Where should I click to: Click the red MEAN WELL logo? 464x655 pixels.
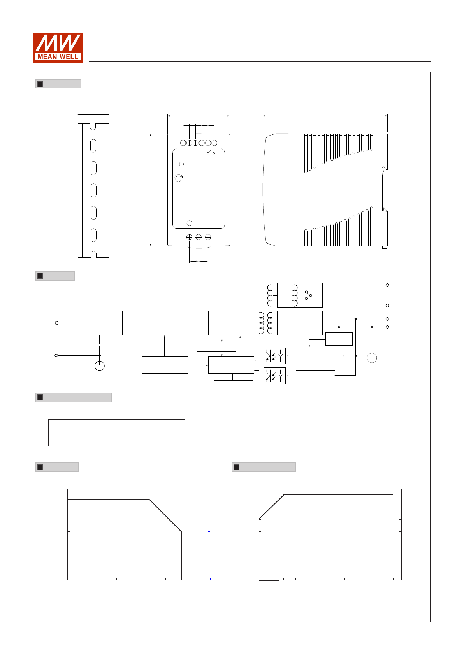58,47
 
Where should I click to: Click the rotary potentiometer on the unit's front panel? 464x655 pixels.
179,178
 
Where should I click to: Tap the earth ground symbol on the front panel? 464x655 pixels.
190,224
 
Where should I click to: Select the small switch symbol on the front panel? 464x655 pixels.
211,152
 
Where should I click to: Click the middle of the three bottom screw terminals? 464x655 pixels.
199,237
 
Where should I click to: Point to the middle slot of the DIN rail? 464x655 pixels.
93,190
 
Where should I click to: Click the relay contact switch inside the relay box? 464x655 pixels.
308,295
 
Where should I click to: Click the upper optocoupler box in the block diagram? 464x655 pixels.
274,356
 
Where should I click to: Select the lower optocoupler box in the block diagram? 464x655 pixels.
274,376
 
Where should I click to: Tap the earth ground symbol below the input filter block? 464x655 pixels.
100,366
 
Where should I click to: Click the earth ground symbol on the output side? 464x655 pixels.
372,358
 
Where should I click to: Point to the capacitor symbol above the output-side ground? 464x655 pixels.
372,346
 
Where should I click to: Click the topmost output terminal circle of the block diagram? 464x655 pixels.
387,285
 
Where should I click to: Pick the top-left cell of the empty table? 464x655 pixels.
76,424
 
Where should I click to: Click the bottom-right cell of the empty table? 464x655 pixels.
144,442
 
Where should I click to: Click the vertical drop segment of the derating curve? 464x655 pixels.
181,555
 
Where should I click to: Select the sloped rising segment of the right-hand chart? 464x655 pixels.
271,507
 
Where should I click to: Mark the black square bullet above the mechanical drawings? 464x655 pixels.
40,84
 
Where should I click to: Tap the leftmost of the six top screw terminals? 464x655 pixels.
183,143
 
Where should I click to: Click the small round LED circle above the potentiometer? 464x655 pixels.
181,164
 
